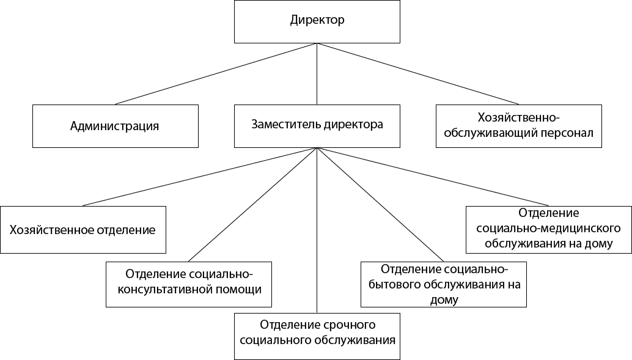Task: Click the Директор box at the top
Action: [317, 21]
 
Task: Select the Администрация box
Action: [115, 126]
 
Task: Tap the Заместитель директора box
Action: [317, 125]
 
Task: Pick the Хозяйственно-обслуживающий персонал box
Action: [518, 125]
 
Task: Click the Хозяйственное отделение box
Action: [83, 230]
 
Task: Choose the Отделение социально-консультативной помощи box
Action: [188, 284]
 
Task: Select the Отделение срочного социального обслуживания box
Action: [317, 336]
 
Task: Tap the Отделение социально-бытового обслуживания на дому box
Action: [444, 284]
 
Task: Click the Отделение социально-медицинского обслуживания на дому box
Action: [548, 229]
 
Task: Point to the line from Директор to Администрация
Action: [216, 73]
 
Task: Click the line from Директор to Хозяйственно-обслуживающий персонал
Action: [417, 73]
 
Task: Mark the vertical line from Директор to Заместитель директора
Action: [317, 73]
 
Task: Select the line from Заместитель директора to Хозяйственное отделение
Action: [199, 177]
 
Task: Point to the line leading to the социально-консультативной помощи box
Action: [252, 205]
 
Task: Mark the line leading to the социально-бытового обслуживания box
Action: [380, 205]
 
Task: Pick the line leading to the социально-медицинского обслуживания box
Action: [432, 177]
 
